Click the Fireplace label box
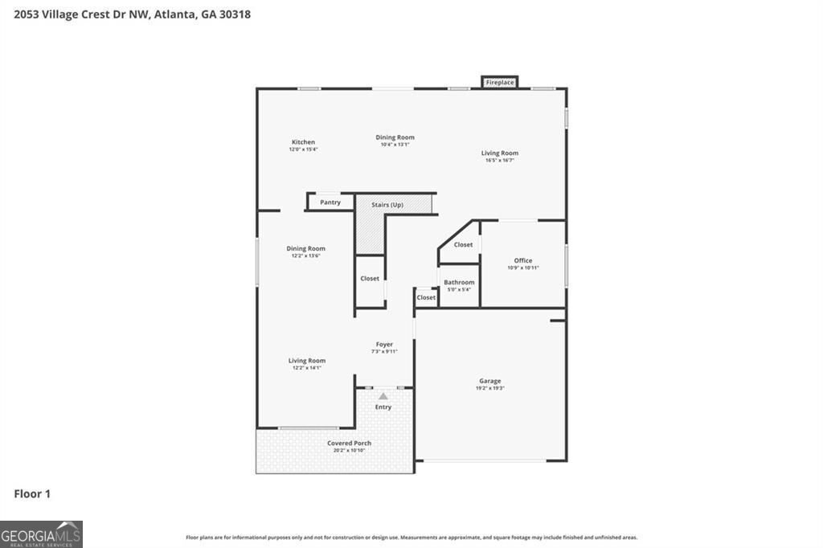(499, 82)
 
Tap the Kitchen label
(303, 142)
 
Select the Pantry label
(330, 202)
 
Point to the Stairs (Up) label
(387, 205)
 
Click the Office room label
(522, 260)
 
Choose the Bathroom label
(459, 282)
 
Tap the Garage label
(490, 381)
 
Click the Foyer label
(384, 344)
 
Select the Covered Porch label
(349, 444)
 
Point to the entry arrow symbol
(383, 396)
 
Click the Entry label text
(383, 407)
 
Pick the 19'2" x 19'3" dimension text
(490, 388)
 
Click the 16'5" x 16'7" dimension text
(500, 160)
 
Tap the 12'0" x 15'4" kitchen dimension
(303, 149)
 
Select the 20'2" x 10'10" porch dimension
(349, 451)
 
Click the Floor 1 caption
(32, 494)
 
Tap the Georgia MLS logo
(41, 534)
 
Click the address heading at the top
(126, 14)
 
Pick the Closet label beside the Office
(463, 244)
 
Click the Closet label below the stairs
(370, 279)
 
